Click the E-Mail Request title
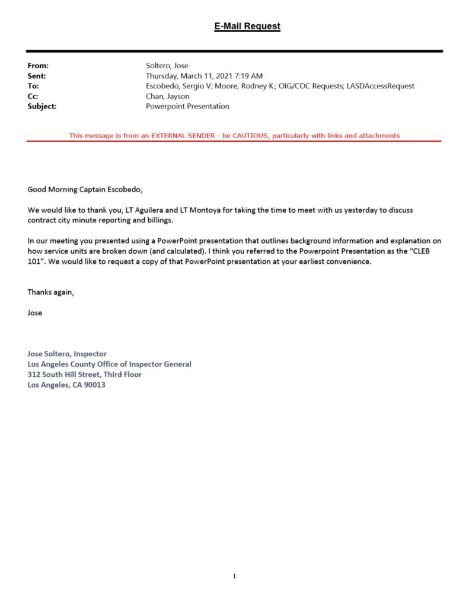click(x=247, y=26)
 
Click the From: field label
click(x=38, y=66)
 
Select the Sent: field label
click(x=37, y=76)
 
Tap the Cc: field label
click(x=33, y=96)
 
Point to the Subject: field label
click(x=42, y=106)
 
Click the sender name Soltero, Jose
click(x=167, y=66)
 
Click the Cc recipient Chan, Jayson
click(x=168, y=96)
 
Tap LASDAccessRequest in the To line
click(x=380, y=86)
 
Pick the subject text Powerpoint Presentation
click(x=187, y=106)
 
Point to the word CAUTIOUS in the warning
click(x=246, y=136)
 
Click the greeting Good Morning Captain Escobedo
click(x=85, y=190)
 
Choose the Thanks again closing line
click(x=51, y=292)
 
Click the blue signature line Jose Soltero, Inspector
click(x=67, y=353)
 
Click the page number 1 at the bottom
click(x=235, y=576)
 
